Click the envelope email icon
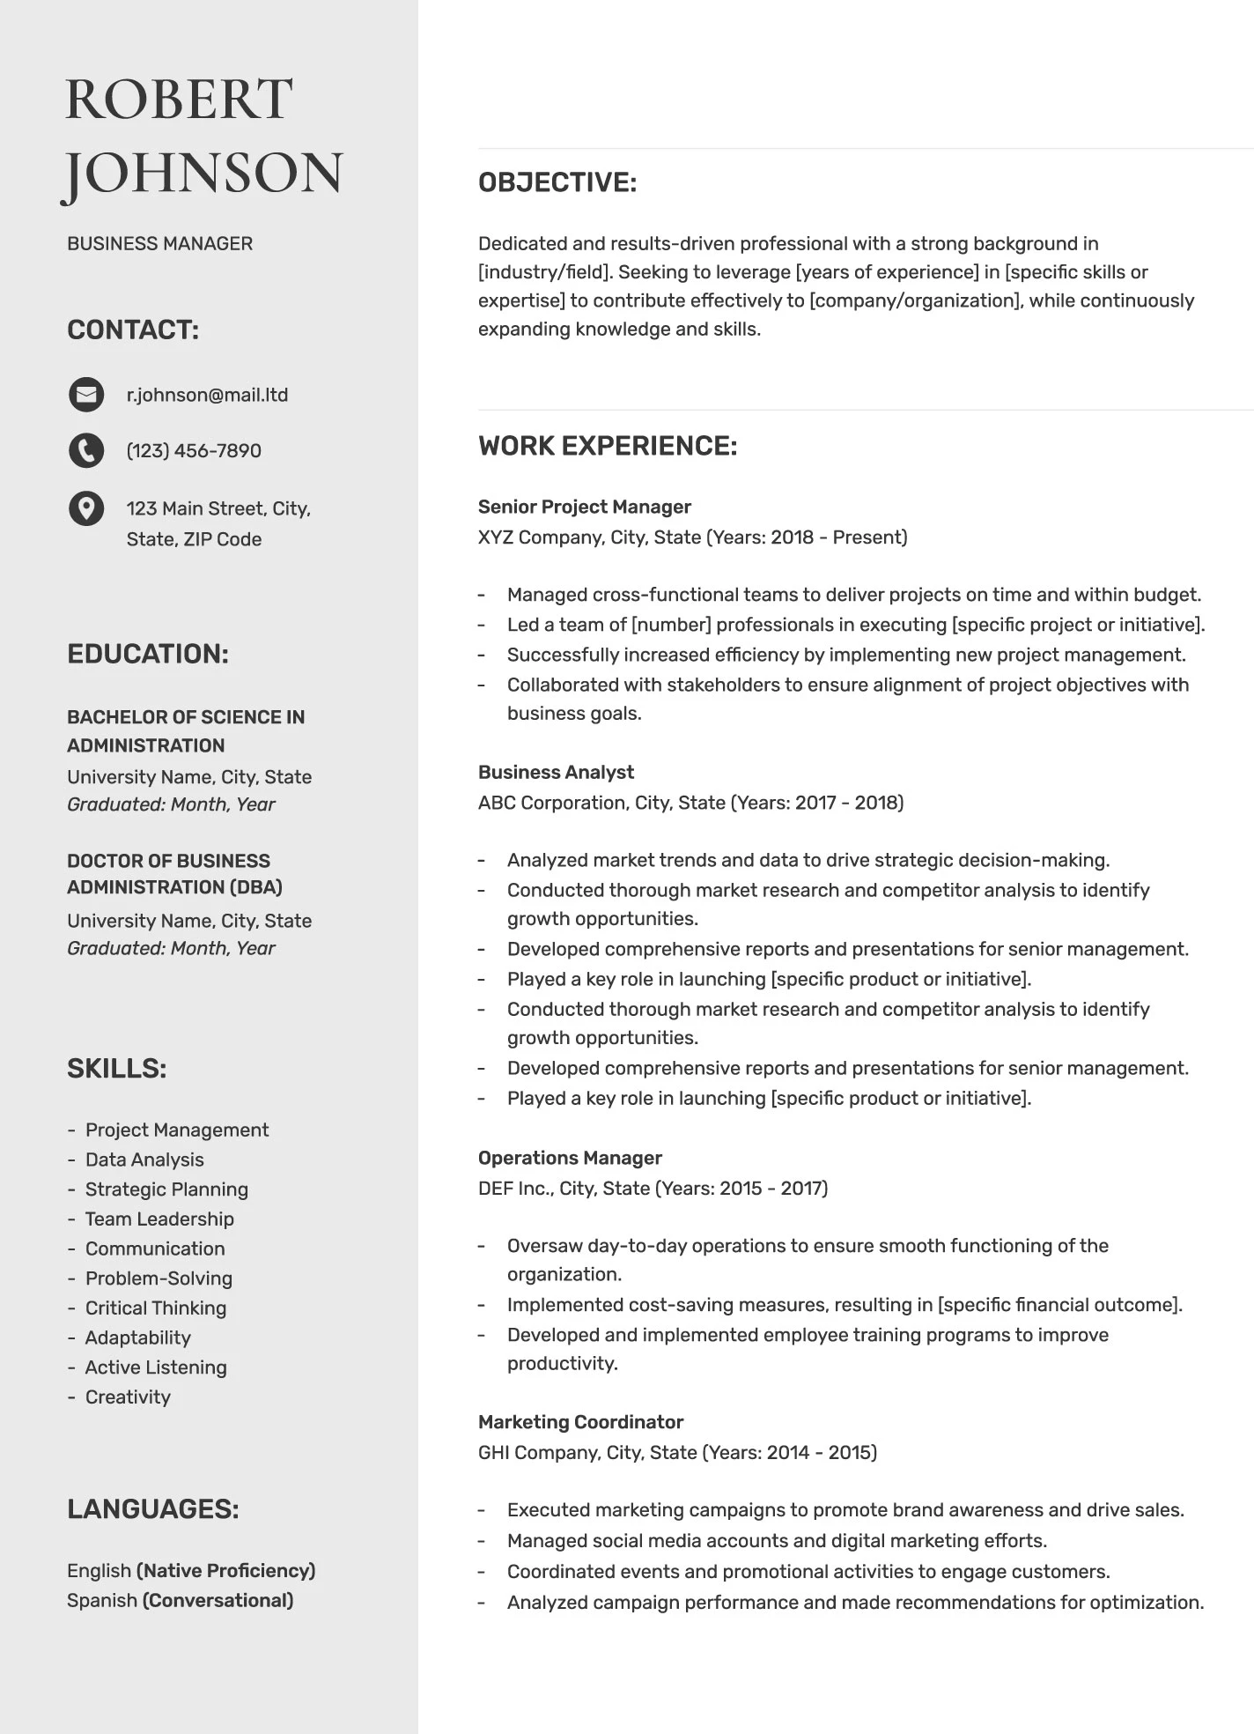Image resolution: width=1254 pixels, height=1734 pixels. coord(86,395)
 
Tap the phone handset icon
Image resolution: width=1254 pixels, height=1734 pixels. coord(86,450)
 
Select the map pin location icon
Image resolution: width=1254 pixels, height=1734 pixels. coord(86,508)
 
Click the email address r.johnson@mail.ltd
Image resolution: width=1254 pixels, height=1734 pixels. coord(207,395)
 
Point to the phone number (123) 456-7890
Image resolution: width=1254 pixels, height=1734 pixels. coord(194,451)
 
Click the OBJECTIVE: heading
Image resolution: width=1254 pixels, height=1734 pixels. coord(557,182)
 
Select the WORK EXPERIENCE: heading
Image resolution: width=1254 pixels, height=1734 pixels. coord(607,446)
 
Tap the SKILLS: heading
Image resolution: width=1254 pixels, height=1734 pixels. coord(116,1069)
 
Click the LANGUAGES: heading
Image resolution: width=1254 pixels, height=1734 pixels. coord(152,1509)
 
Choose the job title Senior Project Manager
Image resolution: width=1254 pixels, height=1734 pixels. coord(584,507)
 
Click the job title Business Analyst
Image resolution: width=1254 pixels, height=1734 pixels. coord(556,772)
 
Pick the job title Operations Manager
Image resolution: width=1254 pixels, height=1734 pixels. coord(570,1158)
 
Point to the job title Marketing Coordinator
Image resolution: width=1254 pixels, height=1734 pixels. coord(580,1422)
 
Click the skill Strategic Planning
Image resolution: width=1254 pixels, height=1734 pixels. coord(166,1189)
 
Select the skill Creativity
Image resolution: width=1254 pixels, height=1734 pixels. coord(128,1397)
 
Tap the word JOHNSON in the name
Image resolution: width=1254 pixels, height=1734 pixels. coord(203,173)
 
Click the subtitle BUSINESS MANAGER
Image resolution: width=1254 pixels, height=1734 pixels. coord(159,243)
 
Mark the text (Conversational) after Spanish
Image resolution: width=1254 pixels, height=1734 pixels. coord(218,1600)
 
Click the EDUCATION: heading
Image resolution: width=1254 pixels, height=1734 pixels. coord(147,654)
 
